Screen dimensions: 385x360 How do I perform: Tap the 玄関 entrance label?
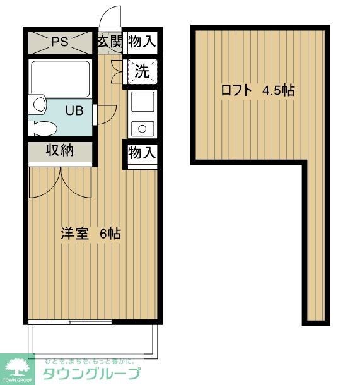coord(110,42)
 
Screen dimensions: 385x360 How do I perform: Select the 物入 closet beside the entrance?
coord(141,42)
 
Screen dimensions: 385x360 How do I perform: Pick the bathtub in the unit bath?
coord(61,80)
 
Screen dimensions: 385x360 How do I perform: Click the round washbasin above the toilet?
coord(38,103)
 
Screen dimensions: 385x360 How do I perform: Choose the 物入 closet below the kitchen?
coord(141,153)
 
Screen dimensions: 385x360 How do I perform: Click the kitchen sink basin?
coord(142,101)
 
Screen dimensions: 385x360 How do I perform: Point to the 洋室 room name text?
coord(73,233)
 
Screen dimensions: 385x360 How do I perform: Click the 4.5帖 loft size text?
coord(278,90)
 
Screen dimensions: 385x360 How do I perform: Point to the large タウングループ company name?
coord(91,374)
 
